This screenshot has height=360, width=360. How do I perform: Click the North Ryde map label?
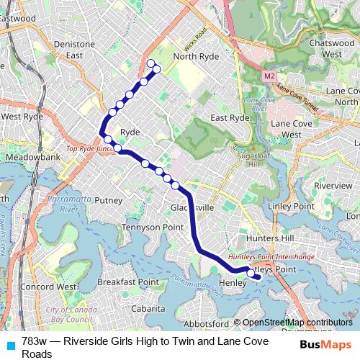pyautogui.click(x=195, y=56)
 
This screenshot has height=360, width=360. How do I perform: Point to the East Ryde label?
pyautogui.click(x=230, y=117)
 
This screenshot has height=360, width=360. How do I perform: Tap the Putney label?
pyautogui.click(x=109, y=200)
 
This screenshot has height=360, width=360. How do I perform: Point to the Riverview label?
pyautogui.click(x=333, y=185)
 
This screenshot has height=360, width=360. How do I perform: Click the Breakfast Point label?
pyautogui.click(x=127, y=282)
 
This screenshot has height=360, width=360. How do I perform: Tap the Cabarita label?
pyautogui.click(x=148, y=307)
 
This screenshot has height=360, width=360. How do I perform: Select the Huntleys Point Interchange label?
pyautogui.click(x=271, y=256)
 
